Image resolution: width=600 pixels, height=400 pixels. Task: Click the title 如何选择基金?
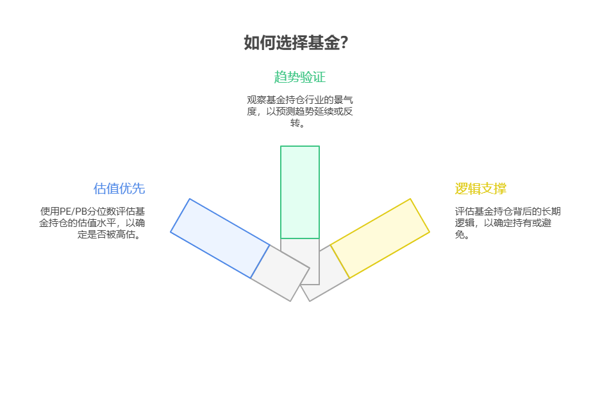tap(296, 43)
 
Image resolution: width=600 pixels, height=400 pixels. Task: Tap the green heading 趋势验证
tap(299, 77)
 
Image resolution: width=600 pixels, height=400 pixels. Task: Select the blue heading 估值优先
tap(119, 188)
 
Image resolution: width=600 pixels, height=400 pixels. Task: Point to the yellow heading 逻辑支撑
tap(480, 188)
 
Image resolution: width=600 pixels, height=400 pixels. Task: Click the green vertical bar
tap(299, 192)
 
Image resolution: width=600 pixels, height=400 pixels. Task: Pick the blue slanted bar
tap(220, 238)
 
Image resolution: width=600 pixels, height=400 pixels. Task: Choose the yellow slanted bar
tap(379, 238)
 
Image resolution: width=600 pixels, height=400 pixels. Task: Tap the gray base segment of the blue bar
tap(280, 273)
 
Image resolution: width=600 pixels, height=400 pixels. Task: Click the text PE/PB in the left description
tap(73, 212)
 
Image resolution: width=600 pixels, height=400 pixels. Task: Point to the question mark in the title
tap(344, 43)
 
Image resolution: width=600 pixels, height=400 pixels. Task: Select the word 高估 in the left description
tap(128, 235)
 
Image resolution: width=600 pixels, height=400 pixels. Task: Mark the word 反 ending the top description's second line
tap(348, 112)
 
